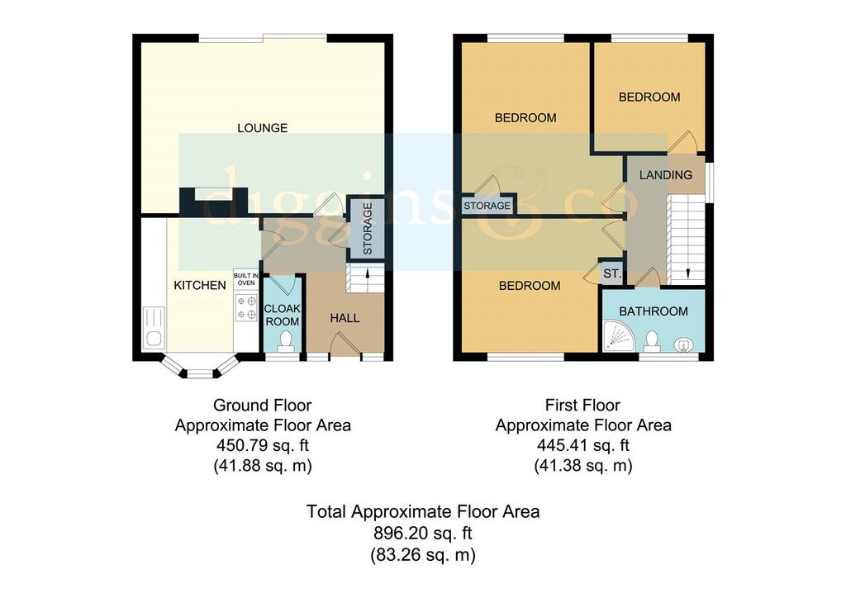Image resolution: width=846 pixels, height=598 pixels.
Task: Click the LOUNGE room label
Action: (x=262, y=128)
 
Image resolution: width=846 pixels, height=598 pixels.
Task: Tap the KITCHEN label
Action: (x=200, y=285)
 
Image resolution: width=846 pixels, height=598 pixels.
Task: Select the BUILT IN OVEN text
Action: (x=246, y=279)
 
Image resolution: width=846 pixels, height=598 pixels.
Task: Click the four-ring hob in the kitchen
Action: (x=246, y=308)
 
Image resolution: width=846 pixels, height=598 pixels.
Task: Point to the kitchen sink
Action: (x=154, y=327)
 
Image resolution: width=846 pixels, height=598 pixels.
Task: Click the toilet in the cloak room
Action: (x=285, y=341)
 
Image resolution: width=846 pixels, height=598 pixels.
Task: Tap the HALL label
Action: (x=345, y=318)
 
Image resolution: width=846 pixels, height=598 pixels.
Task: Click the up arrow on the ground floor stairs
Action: (x=368, y=274)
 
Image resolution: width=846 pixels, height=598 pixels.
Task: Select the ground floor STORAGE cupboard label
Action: (x=368, y=229)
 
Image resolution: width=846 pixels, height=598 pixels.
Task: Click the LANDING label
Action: (x=665, y=175)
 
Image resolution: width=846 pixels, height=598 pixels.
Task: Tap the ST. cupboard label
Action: (x=612, y=274)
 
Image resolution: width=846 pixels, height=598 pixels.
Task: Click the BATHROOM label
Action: (x=654, y=311)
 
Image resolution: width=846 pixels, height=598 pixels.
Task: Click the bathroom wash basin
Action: (x=683, y=344)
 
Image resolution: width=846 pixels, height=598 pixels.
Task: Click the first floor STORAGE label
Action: (x=487, y=206)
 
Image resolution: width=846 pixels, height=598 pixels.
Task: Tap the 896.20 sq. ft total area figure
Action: (x=422, y=534)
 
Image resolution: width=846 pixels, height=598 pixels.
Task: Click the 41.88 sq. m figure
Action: (x=263, y=465)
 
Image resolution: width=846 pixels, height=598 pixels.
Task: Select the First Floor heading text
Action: (x=582, y=405)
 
